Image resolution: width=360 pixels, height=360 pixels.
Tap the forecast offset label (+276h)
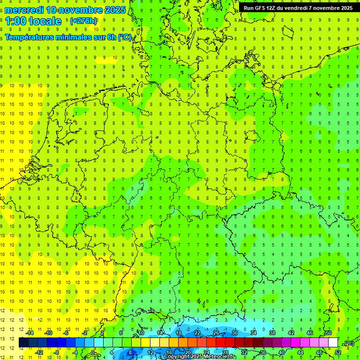83,21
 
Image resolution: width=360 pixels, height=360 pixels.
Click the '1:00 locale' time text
33,21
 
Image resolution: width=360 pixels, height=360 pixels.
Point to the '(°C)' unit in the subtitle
125,37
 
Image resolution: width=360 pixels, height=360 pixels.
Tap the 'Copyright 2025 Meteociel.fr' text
200,357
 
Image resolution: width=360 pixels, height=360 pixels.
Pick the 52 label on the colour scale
337,352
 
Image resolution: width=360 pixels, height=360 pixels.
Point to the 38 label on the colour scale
272,333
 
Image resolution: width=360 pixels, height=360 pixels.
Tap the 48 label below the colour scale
319,352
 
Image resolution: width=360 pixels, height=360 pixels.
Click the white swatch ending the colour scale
333,343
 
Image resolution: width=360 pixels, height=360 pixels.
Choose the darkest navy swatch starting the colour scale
23,343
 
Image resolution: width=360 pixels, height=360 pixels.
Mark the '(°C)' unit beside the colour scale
348,343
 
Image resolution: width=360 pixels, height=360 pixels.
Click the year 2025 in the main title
115,10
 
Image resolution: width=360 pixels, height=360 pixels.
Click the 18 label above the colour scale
178,333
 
